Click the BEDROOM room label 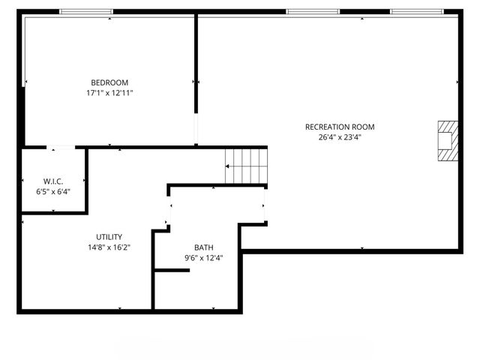pyautogui.click(x=109, y=82)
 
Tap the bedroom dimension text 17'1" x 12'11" pyautogui.click(x=109, y=93)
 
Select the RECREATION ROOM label pyautogui.click(x=339, y=127)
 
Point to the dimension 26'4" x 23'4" pyautogui.click(x=339, y=137)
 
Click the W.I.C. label pyautogui.click(x=52, y=181)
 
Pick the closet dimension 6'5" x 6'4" pyautogui.click(x=52, y=191)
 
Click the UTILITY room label pyautogui.click(x=109, y=237)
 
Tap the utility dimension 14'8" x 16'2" pyautogui.click(x=109, y=247)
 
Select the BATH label pyautogui.click(x=203, y=247)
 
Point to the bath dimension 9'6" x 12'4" pyautogui.click(x=203, y=257)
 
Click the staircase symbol pyautogui.click(x=246, y=165)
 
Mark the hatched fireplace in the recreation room pyautogui.click(x=447, y=141)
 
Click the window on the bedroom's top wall pyautogui.click(x=86, y=12)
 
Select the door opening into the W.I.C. pyautogui.click(x=63, y=148)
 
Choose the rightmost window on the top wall pyautogui.click(x=417, y=12)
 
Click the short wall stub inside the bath pyautogui.click(x=172, y=270)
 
